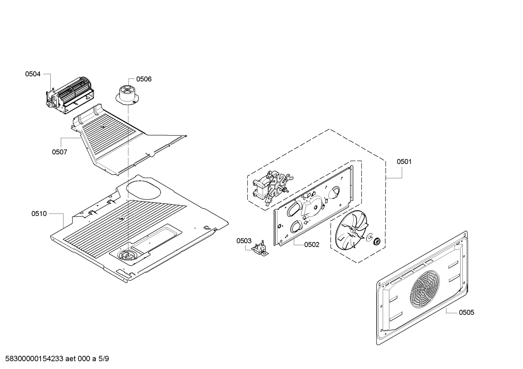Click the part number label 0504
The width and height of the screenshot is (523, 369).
pyautogui.click(x=33, y=74)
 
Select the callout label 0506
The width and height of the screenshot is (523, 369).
pyautogui.click(x=144, y=79)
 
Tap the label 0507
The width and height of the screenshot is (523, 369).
pyautogui.click(x=59, y=152)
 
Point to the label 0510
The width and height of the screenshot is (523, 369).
pyautogui.click(x=39, y=214)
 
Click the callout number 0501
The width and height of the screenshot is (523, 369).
pyautogui.click(x=404, y=162)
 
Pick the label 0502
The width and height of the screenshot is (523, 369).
pyautogui.click(x=312, y=245)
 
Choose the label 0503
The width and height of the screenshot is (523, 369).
pyautogui.click(x=244, y=241)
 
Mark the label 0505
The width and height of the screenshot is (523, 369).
pyautogui.click(x=466, y=312)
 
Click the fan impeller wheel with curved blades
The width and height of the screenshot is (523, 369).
pyautogui.click(x=350, y=231)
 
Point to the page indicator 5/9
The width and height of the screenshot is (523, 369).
pyautogui.click(x=104, y=359)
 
